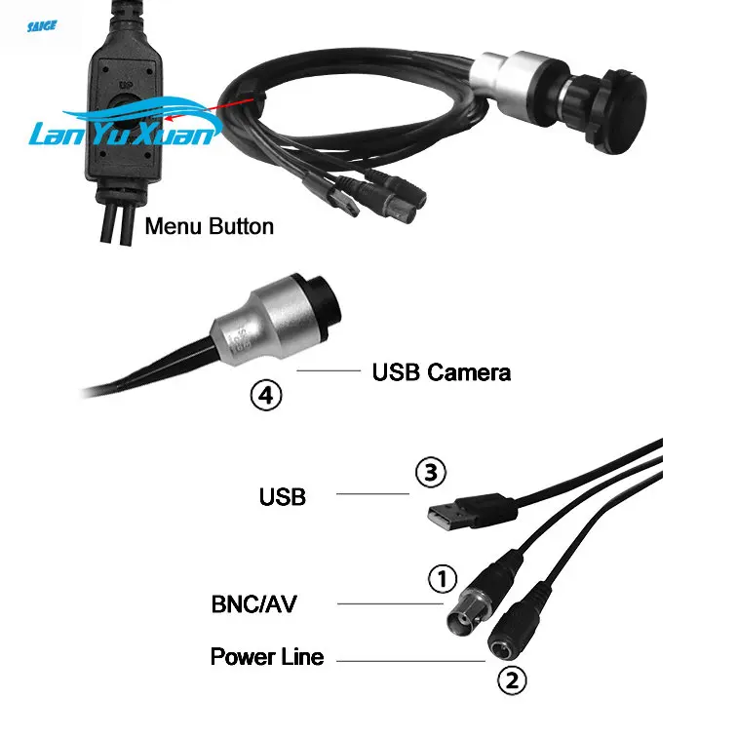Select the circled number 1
click(x=443, y=578)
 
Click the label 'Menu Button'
click(x=209, y=227)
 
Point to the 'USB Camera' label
click(x=441, y=371)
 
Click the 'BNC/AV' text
click(x=254, y=604)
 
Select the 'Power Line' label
click(x=266, y=657)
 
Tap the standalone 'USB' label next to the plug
click(x=283, y=497)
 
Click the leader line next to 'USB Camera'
click(x=330, y=371)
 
